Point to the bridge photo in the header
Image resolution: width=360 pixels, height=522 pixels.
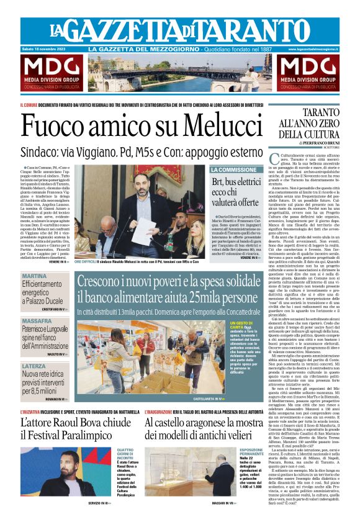[x=180, y=73]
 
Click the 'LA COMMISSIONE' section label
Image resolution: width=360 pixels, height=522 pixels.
[x=233, y=169]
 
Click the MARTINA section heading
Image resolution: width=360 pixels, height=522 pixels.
[x=34, y=276]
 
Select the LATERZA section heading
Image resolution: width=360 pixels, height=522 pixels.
[x=34, y=366]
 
